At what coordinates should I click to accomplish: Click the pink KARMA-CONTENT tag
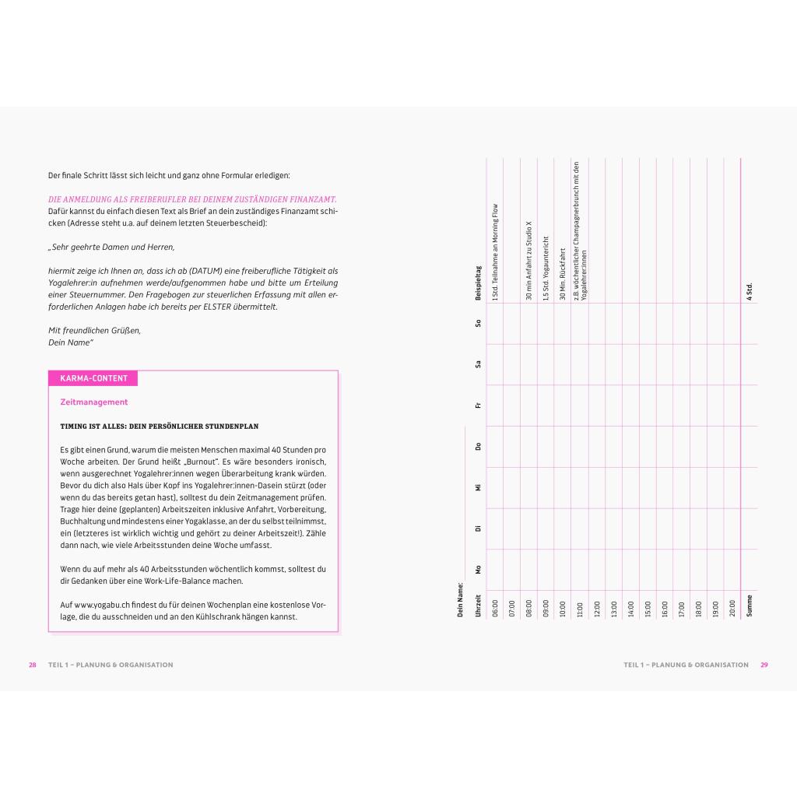coord(93,378)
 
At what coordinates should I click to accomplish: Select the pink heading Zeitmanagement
coord(93,402)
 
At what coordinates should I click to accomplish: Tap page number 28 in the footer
coord(33,665)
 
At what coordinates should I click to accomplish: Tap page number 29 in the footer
coord(764,665)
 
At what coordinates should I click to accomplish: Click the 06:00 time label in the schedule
coord(495,608)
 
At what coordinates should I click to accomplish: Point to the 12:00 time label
coord(597,608)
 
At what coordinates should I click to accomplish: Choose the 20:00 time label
coord(732,608)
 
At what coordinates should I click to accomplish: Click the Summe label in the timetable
coord(750,606)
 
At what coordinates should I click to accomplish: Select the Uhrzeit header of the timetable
coord(478,606)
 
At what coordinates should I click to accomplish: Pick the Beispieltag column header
coord(478,283)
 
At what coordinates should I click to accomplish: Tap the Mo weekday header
coord(478,570)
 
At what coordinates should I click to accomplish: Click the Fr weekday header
coord(478,405)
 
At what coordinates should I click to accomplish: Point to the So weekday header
coord(478,323)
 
